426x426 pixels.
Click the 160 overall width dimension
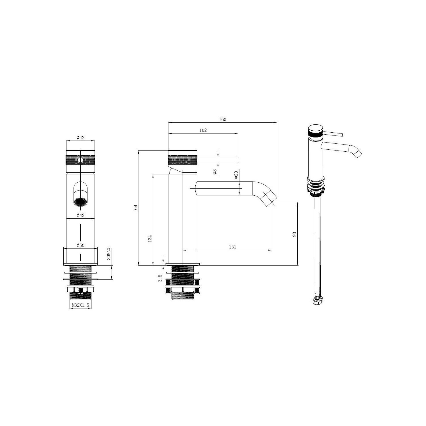(x=223, y=120)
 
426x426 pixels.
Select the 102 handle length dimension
(x=203, y=130)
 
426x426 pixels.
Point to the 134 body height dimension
(x=150, y=238)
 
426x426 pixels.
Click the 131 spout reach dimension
(x=232, y=247)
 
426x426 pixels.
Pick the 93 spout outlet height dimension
(x=294, y=234)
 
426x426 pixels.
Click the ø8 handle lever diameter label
(x=215, y=172)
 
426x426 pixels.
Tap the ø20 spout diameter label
(x=236, y=175)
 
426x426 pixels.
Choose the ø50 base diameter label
(x=80, y=245)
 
